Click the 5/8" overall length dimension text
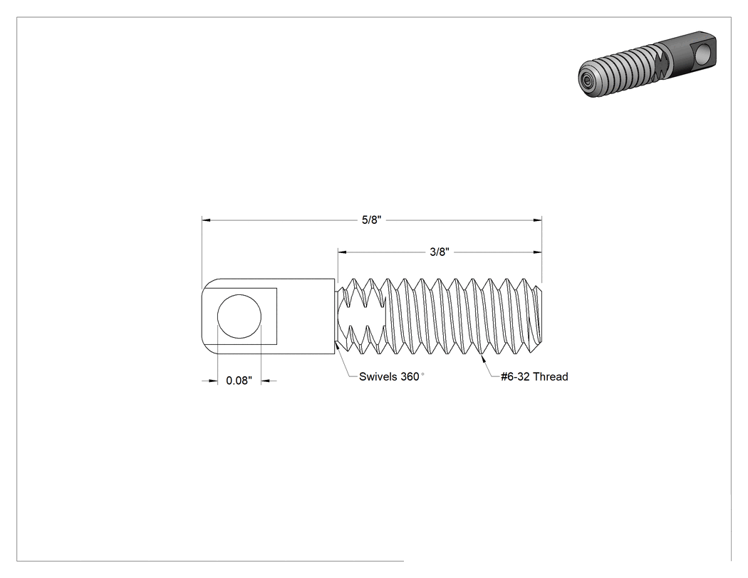[372, 220]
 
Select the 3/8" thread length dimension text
[440, 252]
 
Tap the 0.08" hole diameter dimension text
[239, 381]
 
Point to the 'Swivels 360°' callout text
[392, 376]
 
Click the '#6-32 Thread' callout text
[534, 376]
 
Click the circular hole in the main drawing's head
[239, 316]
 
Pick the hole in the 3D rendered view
[702, 53]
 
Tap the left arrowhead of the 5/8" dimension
[206, 220]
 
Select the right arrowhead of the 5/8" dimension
[538, 220]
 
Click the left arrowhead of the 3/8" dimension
[342, 252]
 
